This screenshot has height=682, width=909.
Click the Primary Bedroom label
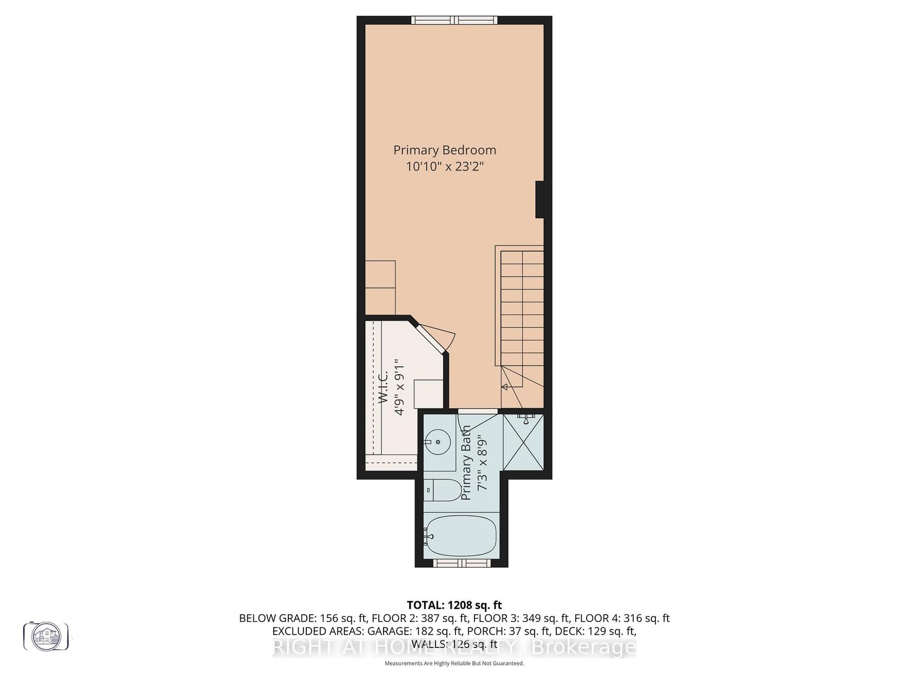(444, 150)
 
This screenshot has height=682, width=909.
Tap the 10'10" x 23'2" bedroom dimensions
(445, 167)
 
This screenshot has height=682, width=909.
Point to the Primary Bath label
(466, 462)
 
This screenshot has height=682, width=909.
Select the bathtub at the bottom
(460, 536)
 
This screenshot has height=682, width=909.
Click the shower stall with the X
(523, 442)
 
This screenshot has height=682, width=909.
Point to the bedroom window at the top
(454, 20)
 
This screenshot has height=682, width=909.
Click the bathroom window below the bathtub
(462, 563)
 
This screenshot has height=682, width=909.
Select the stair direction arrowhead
(505, 387)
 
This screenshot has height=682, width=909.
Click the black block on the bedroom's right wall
(539, 199)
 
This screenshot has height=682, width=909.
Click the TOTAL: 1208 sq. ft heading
(454, 605)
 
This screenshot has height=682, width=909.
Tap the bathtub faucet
(428, 536)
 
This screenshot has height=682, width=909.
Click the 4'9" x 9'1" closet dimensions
(399, 387)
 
